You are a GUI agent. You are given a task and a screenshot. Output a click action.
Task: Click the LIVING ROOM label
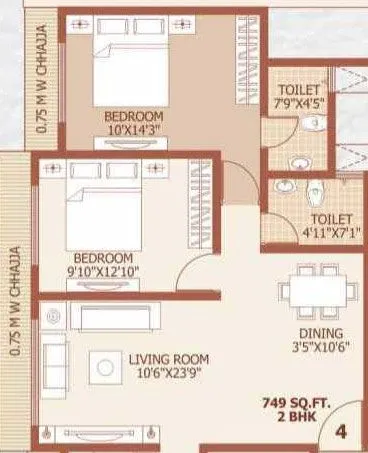click(x=169, y=358)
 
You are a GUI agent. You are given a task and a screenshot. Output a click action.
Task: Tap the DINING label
click(x=320, y=333)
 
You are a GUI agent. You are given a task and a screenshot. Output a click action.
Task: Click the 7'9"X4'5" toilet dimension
click(x=298, y=102)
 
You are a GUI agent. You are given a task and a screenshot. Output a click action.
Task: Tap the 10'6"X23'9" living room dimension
click(x=168, y=372)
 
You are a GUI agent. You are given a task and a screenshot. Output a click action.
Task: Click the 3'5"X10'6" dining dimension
click(x=320, y=347)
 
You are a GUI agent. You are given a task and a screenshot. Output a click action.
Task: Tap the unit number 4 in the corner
click(x=341, y=432)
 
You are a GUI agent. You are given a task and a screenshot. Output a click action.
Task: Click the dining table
click(x=319, y=288)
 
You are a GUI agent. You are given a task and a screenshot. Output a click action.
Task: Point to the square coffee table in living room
click(x=105, y=368)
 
